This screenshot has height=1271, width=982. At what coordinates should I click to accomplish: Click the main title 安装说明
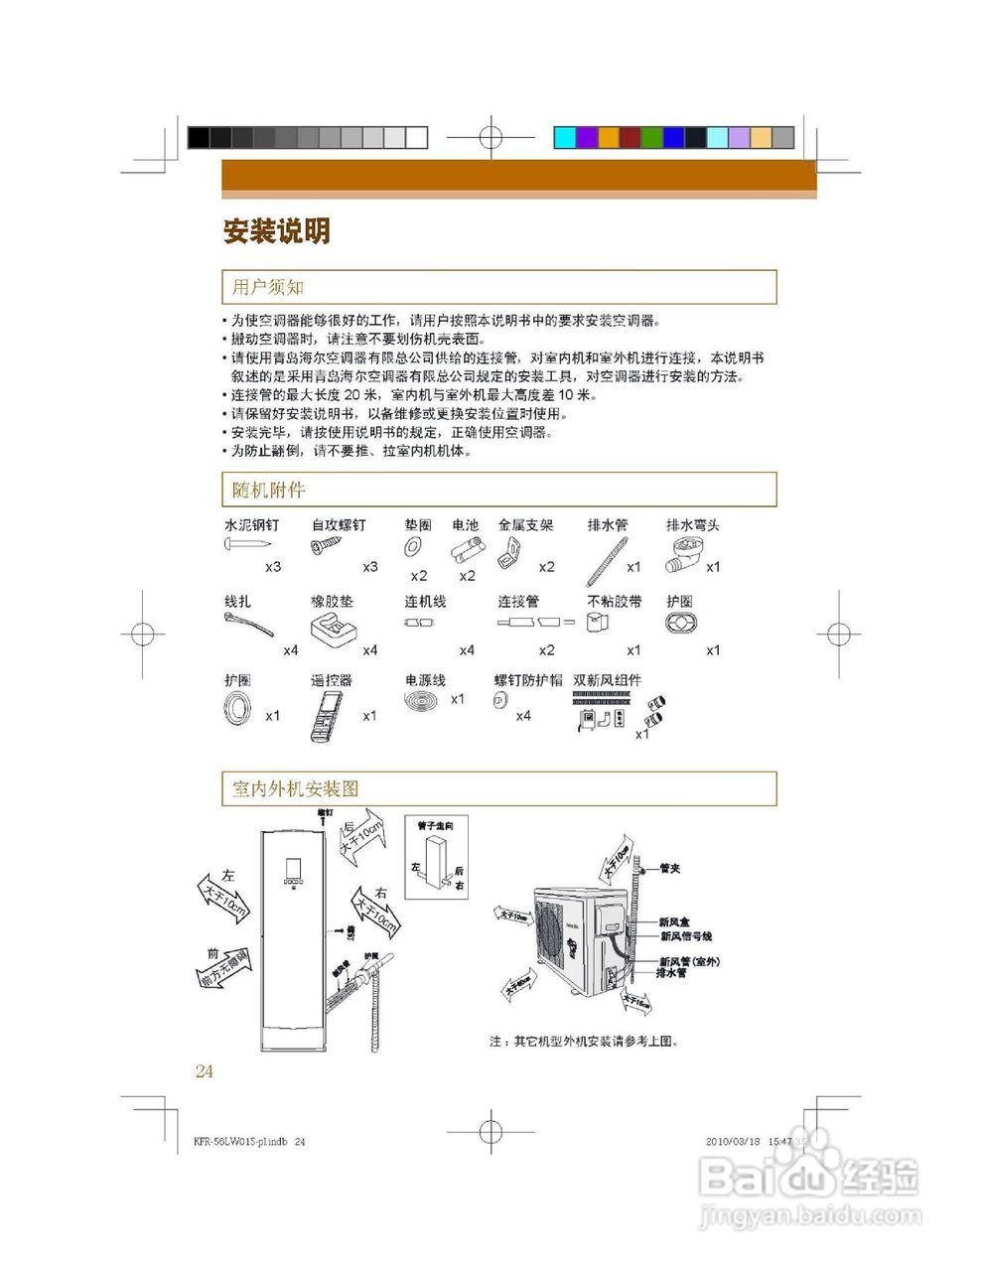276,232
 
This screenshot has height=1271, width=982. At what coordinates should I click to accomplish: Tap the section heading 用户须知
268,288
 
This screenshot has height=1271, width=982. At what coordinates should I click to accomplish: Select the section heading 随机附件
269,491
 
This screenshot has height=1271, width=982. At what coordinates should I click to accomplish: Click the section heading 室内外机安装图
296,789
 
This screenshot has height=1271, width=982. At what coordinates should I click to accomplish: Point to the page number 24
205,1071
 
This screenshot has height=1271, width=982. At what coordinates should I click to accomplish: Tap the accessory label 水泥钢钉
252,525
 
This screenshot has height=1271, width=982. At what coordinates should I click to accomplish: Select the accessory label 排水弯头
693,525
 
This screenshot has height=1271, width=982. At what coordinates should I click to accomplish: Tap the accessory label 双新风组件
607,680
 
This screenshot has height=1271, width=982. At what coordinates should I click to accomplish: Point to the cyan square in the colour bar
564,138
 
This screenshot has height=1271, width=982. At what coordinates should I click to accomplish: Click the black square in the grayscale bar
199,138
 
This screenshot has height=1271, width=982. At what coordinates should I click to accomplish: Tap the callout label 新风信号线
686,936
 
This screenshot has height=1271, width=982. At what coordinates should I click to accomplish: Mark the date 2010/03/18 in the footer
733,1142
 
